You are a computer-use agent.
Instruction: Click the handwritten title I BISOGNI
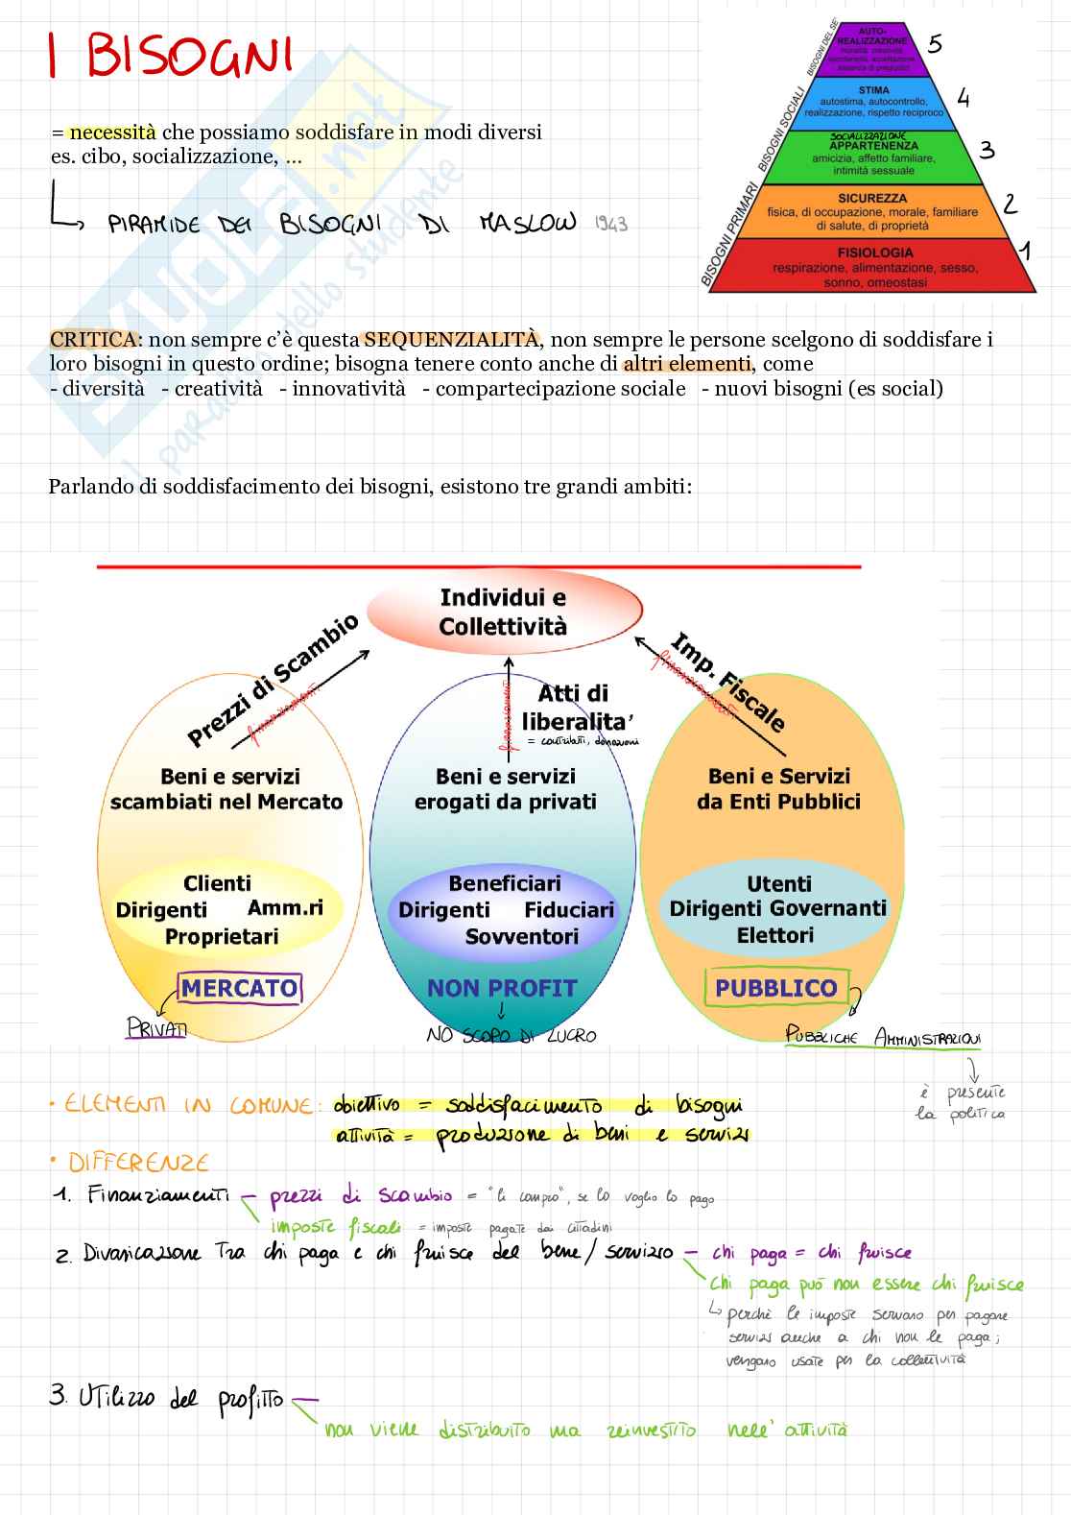click(171, 56)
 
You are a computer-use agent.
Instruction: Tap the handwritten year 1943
click(610, 225)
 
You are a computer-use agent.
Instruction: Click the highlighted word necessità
click(112, 132)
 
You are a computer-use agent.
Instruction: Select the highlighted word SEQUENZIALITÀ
click(451, 339)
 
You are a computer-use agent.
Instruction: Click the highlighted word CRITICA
click(92, 339)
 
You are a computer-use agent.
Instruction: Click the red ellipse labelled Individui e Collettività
click(504, 613)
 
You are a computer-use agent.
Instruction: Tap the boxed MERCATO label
click(240, 988)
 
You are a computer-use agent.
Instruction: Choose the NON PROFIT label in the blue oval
click(502, 988)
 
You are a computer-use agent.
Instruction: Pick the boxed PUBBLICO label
click(776, 988)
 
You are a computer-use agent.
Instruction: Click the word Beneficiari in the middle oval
click(505, 883)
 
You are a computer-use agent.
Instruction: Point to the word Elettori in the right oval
click(775, 934)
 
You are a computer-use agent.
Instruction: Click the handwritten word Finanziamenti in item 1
click(158, 1194)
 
